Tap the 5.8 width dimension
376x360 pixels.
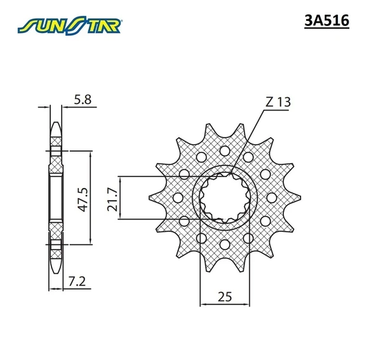pos(83,99)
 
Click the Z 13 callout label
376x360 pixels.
pos(278,102)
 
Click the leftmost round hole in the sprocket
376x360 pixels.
pos(178,197)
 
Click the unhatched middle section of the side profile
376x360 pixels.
pos(57,196)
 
